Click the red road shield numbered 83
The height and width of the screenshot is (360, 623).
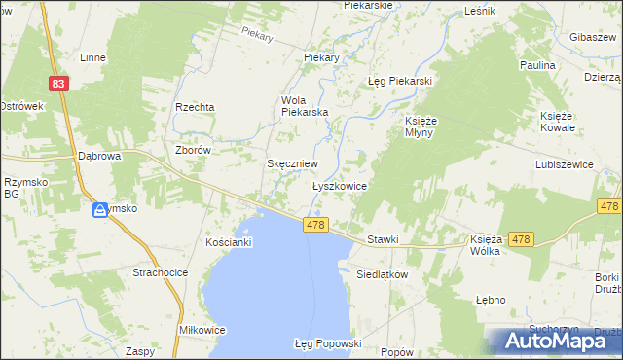pos(60,85)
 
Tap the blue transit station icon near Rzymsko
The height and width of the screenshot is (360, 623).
pos(100,210)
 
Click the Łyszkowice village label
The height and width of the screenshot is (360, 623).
pos(339,185)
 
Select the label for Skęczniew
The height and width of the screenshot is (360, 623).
pos(291,164)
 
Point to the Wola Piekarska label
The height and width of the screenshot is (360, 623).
pos(305,106)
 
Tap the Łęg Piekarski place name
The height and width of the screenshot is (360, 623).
pos(399,81)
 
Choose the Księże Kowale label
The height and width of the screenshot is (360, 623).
pos(559,122)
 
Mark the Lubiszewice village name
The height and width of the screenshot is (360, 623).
pos(564,165)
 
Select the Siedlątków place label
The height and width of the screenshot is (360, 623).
pos(381,274)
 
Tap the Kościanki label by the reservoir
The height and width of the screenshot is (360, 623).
pos(230,241)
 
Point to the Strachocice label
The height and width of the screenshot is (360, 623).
pos(160,273)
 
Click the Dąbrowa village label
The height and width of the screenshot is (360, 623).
pos(98,156)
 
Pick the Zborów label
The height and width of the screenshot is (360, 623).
pos(192,151)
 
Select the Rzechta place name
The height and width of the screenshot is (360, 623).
pos(194,107)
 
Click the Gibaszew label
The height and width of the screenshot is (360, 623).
pos(597,37)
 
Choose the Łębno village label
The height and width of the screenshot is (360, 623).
pos(492,299)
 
